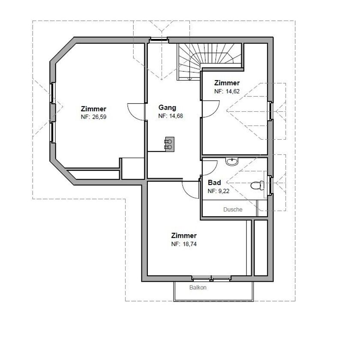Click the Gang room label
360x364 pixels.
coord(167,108)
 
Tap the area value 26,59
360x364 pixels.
coord(99,117)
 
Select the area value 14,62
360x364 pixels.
coord(233,91)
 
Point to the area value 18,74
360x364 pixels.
coord(190,244)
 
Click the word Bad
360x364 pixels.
coord(214,182)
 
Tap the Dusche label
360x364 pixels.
coord(233,209)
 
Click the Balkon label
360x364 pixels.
coord(198,287)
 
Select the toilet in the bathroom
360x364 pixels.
coord(257,185)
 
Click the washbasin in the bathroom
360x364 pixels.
coord(232,161)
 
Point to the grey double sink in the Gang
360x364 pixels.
coord(170,144)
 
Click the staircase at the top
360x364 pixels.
coord(210,62)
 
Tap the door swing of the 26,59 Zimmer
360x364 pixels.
coord(136,111)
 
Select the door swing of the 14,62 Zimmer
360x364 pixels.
coord(211,109)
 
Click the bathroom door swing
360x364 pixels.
coord(210,167)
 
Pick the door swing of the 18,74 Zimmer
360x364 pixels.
coord(190,190)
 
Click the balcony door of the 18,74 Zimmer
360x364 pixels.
coord(211,278)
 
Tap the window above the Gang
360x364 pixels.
coord(159,39)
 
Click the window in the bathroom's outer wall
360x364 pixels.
coord(270,185)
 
